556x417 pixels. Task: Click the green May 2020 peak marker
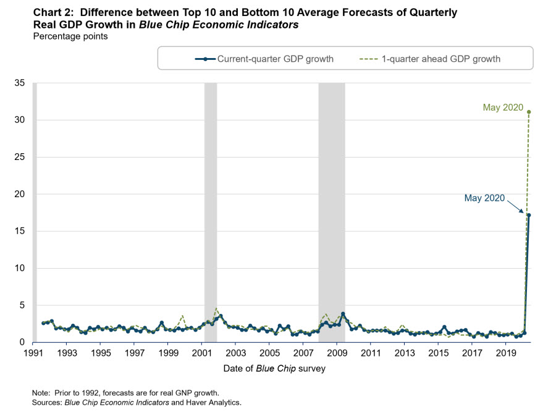pos(529,112)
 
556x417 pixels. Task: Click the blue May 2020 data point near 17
pos(529,215)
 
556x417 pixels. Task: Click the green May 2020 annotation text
pos(503,108)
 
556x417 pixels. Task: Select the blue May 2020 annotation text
pos(484,198)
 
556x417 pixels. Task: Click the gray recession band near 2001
pos(211,210)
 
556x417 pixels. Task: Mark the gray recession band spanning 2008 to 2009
pos(332,210)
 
